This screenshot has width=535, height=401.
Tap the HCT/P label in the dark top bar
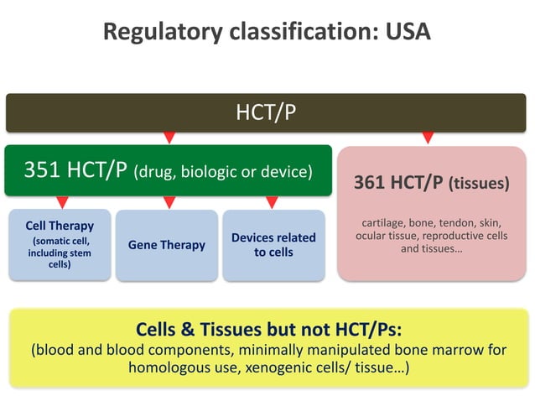267,112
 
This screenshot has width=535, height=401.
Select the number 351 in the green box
42,170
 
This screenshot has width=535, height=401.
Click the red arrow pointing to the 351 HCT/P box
169,136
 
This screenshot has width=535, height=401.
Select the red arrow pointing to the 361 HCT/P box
428,136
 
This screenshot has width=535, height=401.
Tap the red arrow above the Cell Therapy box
61,202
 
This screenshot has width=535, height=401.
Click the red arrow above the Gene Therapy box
169,202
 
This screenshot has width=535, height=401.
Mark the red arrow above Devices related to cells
272,202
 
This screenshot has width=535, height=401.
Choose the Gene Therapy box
166,245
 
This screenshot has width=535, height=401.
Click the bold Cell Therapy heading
60,226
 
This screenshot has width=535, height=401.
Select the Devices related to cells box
273,245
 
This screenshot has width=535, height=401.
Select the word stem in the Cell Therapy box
78,253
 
